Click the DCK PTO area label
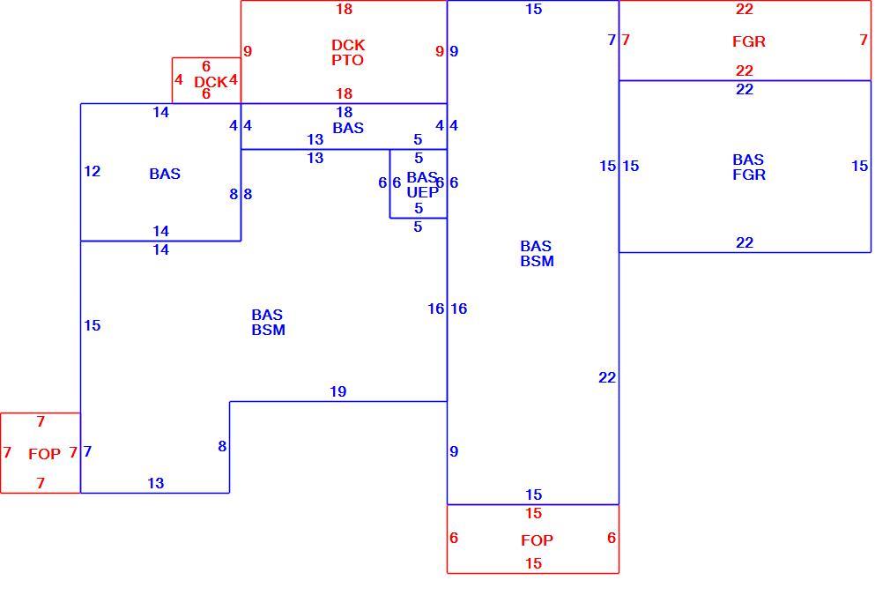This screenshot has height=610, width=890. click(x=348, y=52)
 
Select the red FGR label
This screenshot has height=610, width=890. click(x=749, y=41)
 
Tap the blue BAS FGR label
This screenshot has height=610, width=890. click(x=749, y=167)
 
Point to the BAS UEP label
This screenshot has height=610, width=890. click(x=422, y=184)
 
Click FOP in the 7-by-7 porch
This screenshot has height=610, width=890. click(x=44, y=454)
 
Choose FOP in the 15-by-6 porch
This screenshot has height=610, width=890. click(x=537, y=540)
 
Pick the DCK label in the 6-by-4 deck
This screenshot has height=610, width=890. click(x=211, y=82)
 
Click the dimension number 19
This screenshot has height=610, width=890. click(x=337, y=391)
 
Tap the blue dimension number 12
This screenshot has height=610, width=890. click(x=92, y=171)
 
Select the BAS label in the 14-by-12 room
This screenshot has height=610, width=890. click(x=165, y=174)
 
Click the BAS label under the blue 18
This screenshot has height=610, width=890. click(x=348, y=128)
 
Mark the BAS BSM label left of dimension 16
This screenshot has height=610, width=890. click(x=268, y=322)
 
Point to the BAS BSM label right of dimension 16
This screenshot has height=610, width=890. click(x=537, y=253)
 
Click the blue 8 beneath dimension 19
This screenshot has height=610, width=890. click(x=222, y=446)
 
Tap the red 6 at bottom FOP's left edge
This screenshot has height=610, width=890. click(x=454, y=538)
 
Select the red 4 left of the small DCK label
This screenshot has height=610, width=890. click(x=179, y=79)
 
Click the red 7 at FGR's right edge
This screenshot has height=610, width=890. click(x=864, y=40)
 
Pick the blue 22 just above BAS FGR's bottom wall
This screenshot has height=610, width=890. click(x=744, y=242)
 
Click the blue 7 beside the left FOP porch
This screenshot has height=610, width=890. click(x=87, y=451)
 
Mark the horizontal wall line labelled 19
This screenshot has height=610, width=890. click(x=338, y=402)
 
